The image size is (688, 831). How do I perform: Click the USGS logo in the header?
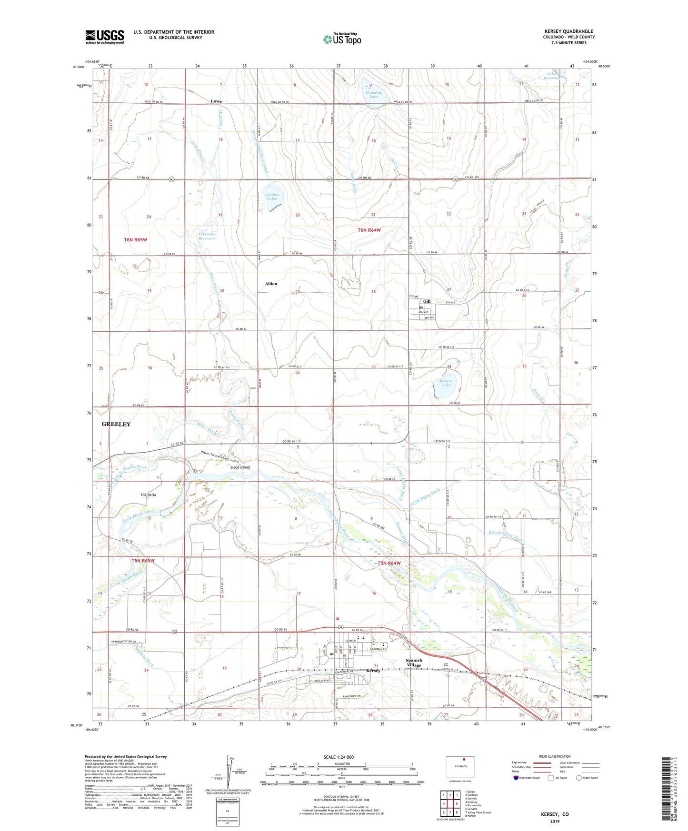point(105,36)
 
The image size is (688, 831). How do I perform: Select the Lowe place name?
point(216,101)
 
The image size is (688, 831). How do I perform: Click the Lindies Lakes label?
point(272,197)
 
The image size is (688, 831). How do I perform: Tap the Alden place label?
point(271,284)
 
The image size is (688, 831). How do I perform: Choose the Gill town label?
point(427,301)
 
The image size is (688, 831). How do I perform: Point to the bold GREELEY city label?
point(116,424)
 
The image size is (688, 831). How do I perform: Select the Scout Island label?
point(240,467)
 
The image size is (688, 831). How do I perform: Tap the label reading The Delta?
point(148,495)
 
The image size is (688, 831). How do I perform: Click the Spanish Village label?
point(414,663)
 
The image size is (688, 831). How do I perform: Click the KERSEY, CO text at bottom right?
point(555,814)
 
